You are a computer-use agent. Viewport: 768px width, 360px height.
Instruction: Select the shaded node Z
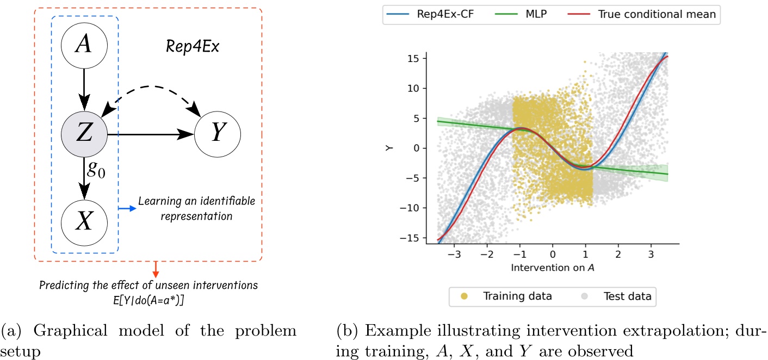[83, 133]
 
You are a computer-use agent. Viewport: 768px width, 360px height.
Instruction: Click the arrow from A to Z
[83, 90]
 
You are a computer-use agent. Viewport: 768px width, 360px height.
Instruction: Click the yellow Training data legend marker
[463, 296]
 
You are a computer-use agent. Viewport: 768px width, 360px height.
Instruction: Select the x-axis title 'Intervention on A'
[553, 268]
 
